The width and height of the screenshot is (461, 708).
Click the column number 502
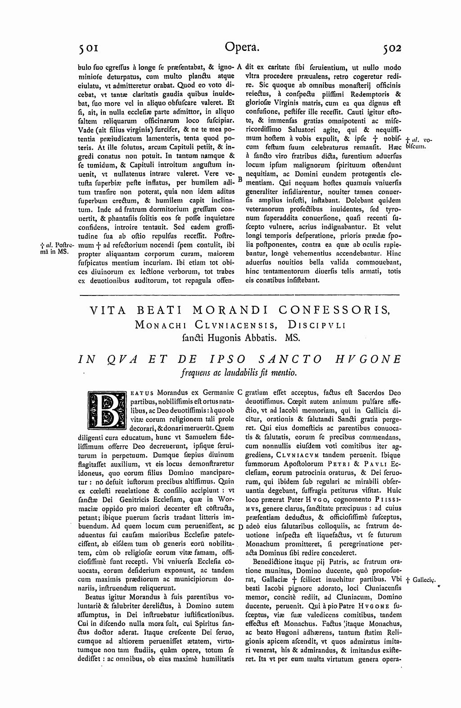[x=391, y=47]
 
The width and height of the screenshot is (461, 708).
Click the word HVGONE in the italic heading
[x=367, y=359]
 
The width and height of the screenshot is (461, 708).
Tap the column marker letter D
[x=240, y=526]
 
